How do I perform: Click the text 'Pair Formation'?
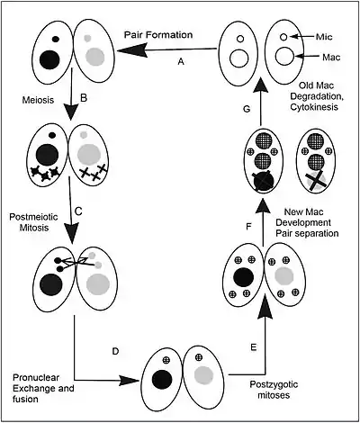[158, 35]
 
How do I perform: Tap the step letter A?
[181, 61]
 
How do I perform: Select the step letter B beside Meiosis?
[84, 98]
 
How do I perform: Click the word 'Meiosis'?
[38, 100]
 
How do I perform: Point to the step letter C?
[78, 211]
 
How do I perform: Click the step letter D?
[115, 351]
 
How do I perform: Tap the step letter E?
[253, 347]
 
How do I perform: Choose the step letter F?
[248, 227]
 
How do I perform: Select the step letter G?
[247, 109]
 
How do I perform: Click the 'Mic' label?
[324, 37]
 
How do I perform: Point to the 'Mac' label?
[331, 57]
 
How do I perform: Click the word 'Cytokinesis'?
[314, 107]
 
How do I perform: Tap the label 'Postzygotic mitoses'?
[274, 390]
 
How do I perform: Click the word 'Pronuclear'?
[36, 377]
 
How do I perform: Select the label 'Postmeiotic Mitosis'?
[33, 222]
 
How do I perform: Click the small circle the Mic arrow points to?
[283, 37]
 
